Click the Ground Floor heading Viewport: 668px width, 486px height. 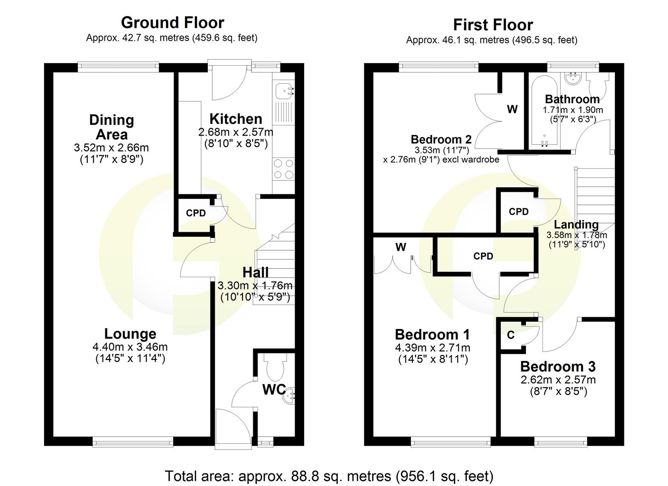click(172, 22)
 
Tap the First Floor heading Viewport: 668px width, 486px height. click(493, 25)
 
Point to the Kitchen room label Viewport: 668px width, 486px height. click(236, 119)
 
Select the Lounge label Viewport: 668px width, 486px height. click(130, 333)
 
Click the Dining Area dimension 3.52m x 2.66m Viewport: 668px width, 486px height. click(111, 148)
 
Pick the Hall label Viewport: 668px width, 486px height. click(255, 272)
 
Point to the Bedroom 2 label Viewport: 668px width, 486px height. click(441, 139)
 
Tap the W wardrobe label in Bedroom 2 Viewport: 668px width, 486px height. click(512, 109)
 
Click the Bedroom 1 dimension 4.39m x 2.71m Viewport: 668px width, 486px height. click(432, 347)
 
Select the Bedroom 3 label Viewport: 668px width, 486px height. click(558, 366)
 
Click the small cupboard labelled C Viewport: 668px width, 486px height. click(511, 335)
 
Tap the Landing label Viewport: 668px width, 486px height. click(576, 224)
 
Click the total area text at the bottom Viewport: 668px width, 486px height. click(329, 476)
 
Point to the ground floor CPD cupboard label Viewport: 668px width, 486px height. click(196, 213)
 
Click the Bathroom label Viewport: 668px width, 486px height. click(572, 99)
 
